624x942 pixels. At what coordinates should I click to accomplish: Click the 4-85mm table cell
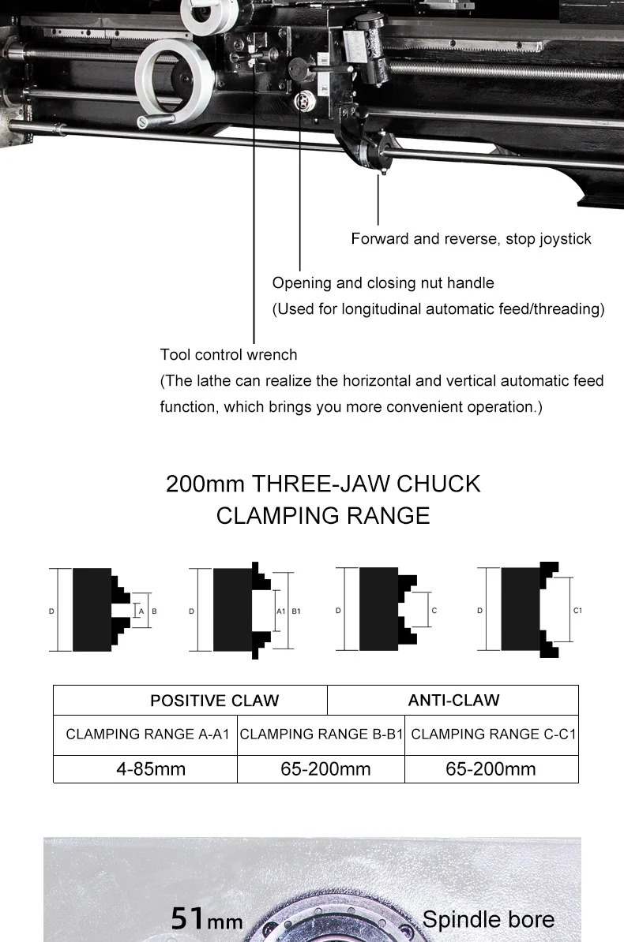[x=151, y=769]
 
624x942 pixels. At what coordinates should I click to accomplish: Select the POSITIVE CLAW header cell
[x=214, y=701]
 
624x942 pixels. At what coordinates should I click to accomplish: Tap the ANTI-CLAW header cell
[x=453, y=700]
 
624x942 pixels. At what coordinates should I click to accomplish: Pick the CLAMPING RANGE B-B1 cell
[x=321, y=735]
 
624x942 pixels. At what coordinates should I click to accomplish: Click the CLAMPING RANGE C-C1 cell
[x=494, y=735]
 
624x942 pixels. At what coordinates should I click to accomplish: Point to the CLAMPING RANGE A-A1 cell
[x=147, y=735]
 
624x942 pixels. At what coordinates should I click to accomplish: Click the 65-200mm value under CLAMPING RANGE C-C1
[x=491, y=769]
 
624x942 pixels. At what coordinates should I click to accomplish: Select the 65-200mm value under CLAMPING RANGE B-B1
[x=325, y=769]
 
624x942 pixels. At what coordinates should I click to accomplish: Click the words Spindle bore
[x=488, y=919]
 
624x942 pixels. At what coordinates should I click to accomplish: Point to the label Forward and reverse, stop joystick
[x=471, y=239]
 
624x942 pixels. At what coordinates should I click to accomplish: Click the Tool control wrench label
[x=228, y=355]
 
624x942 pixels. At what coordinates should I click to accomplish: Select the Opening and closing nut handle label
[x=383, y=283]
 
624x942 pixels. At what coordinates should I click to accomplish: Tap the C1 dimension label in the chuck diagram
[x=577, y=611]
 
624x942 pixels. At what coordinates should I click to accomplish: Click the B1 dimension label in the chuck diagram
[x=296, y=611]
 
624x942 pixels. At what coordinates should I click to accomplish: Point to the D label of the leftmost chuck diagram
[x=52, y=611]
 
